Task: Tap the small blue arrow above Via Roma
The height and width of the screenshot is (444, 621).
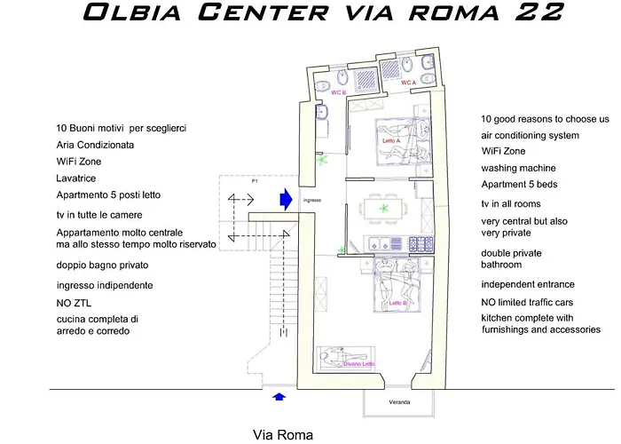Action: tap(280, 397)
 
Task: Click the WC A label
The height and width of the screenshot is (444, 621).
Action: tap(408, 83)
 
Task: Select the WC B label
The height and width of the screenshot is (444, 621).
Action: tap(339, 91)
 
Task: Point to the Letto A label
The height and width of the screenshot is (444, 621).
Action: tap(391, 140)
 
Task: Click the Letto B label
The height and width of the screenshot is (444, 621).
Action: tap(399, 303)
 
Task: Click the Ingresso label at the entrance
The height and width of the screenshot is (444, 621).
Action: tap(310, 201)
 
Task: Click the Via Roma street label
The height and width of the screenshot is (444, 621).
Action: tap(282, 435)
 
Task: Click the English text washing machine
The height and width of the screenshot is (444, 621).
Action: tap(518, 168)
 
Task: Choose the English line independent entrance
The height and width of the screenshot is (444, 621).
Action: tap(528, 285)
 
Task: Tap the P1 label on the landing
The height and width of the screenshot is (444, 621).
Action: tap(254, 180)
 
